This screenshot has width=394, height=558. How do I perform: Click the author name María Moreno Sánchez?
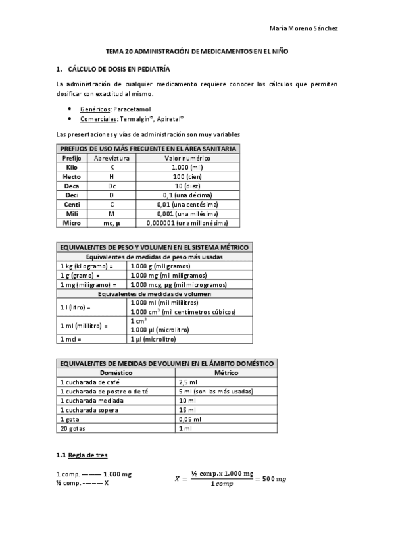coord(305,28)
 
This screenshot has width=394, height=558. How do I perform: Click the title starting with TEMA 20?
coord(197,51)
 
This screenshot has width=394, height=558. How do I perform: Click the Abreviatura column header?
coord(111,159)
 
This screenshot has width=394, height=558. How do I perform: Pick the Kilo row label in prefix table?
coord(71,168)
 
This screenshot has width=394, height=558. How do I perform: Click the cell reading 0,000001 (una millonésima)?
coord(187,223)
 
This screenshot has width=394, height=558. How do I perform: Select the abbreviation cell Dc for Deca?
coord(111,186)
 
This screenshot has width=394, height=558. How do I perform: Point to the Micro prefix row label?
coord(71,223)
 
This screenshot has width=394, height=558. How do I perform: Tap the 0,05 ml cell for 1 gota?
coord(190,419)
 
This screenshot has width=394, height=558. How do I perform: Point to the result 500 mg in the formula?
coord(274,479)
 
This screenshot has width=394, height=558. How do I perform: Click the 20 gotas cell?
coord(72,428)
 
